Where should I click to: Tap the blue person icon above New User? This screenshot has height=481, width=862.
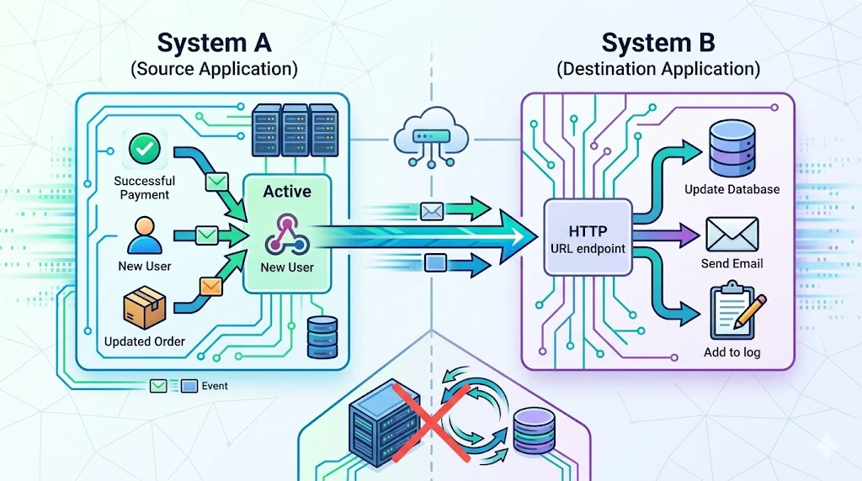point(145,235)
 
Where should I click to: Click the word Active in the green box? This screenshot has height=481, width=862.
point(286,192)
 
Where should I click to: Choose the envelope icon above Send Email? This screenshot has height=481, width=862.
point(732,233)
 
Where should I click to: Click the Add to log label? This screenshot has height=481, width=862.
point(732,352)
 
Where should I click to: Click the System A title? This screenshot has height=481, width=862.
point(213,43)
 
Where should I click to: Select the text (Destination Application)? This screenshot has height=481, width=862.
point(658,69)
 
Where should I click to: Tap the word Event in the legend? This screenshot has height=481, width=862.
point(215,387)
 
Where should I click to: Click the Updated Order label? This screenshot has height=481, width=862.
point(145,341)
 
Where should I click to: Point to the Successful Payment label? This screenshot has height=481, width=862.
point(145,188)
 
